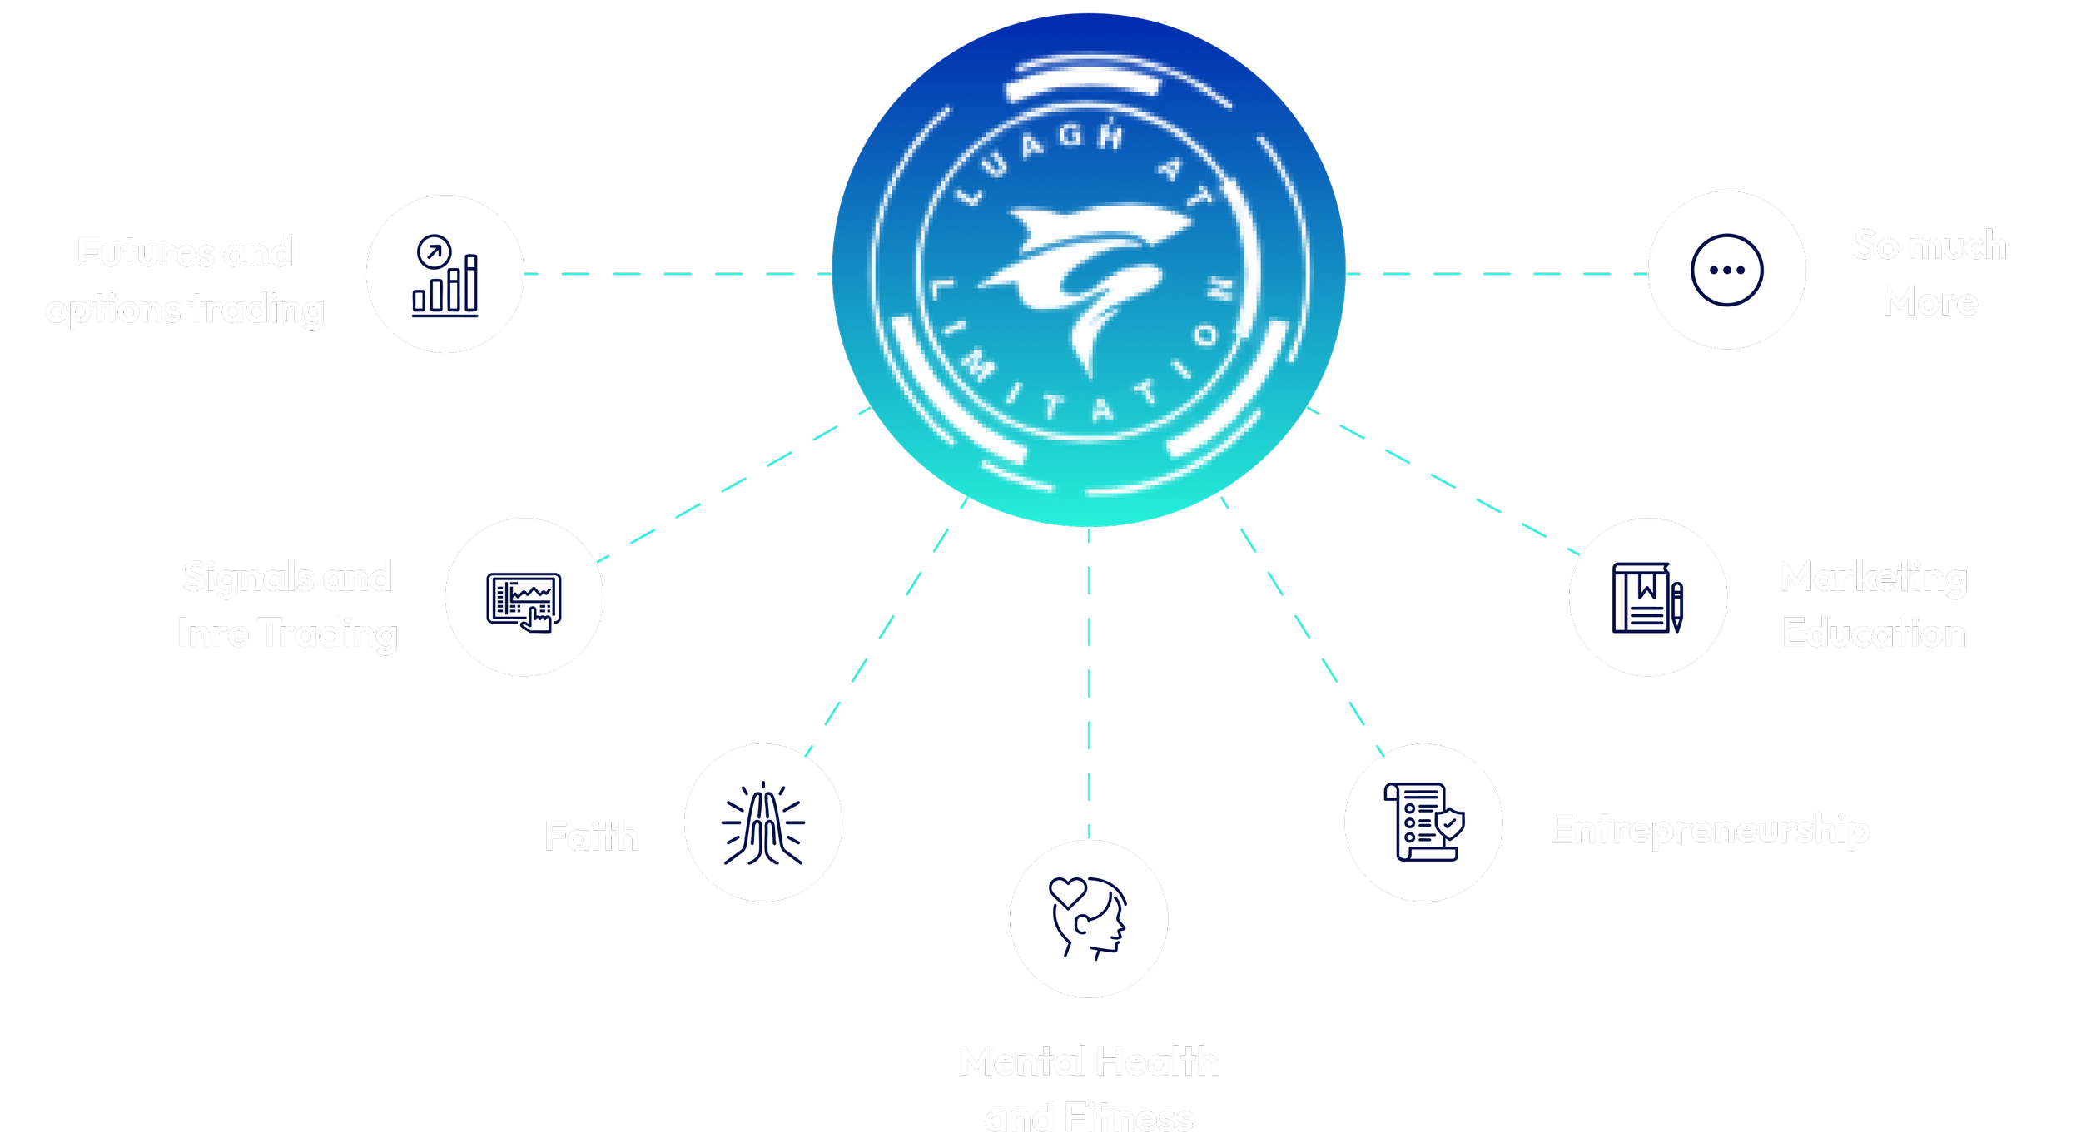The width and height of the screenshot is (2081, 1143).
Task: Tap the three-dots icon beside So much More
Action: pyautogui.click(x=1726, y=270)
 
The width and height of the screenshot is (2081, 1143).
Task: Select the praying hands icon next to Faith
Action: pyautogui.click(x=762, y=822)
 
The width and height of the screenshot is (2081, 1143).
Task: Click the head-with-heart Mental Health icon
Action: pyautogui.click(x=1088, y=918)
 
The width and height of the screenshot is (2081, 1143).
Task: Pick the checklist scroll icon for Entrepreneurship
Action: pyautogui.click(x=1423, y=822)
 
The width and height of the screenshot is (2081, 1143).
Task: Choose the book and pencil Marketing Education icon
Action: pyautogui.click(x=1647, y=597)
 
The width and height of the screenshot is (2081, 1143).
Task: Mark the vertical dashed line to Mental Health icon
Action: pyautogui.click(x=1089, y=683)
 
